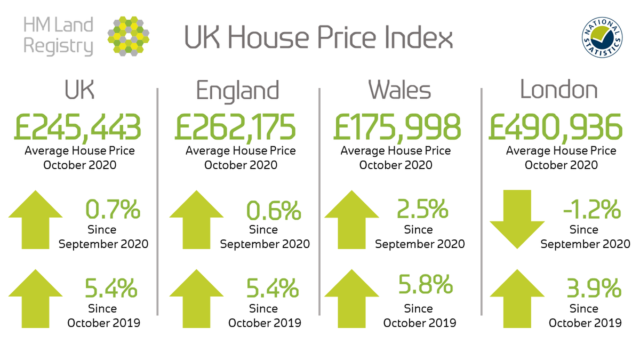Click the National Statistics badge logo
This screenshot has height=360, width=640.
tap(602, 37)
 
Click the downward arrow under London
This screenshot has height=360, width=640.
tap(517, 219)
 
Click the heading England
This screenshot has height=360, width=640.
tap(237, 91)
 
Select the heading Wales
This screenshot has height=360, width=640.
tap(399, 91)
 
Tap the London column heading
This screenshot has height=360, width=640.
tap(558, 91)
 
